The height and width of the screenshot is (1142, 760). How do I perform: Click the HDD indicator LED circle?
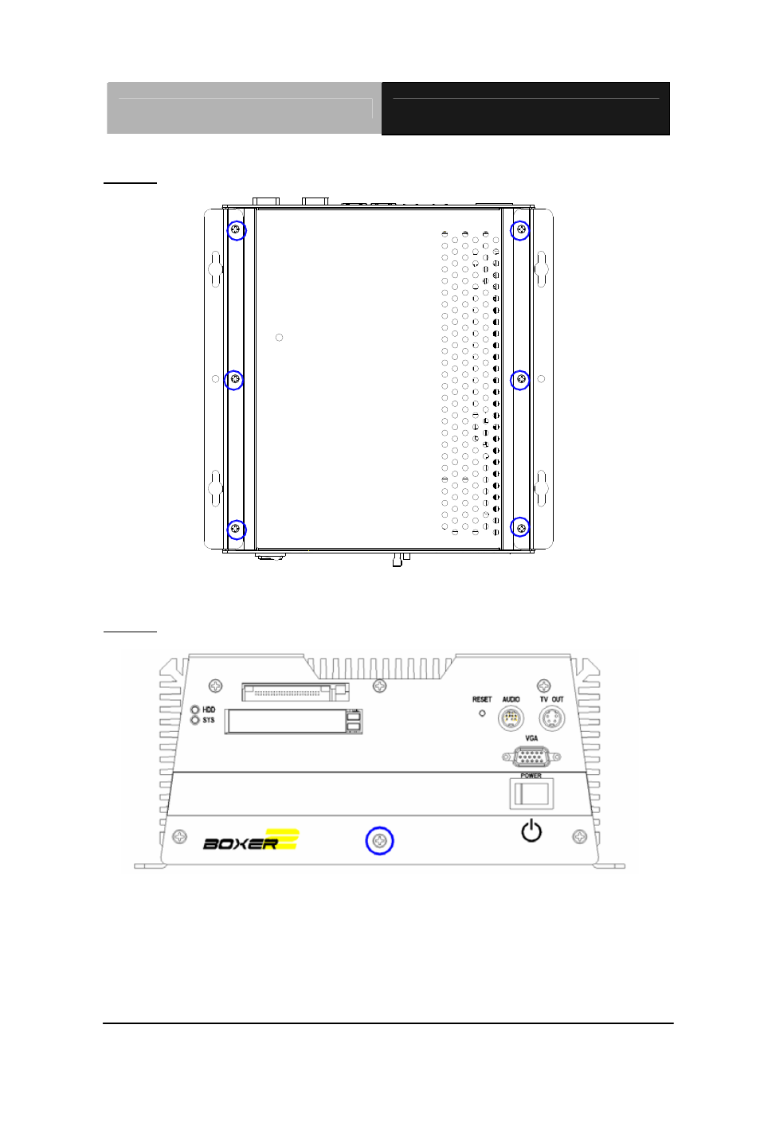[x=194, y=709]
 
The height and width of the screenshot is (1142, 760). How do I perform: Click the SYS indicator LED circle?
[x=194, y=720]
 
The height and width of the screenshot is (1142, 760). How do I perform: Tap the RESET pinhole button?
[x=482, y=714]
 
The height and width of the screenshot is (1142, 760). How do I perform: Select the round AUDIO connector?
[x=511, y=718]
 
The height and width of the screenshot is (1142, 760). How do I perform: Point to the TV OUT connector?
[x=552, y=718]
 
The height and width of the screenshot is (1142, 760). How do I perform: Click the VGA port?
[x=531, y=757]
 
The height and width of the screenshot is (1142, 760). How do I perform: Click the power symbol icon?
[x=531, y=831]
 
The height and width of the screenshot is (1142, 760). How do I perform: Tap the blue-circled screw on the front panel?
[x=379, y=841]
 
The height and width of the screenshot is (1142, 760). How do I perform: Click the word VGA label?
[x=531, y=738]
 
